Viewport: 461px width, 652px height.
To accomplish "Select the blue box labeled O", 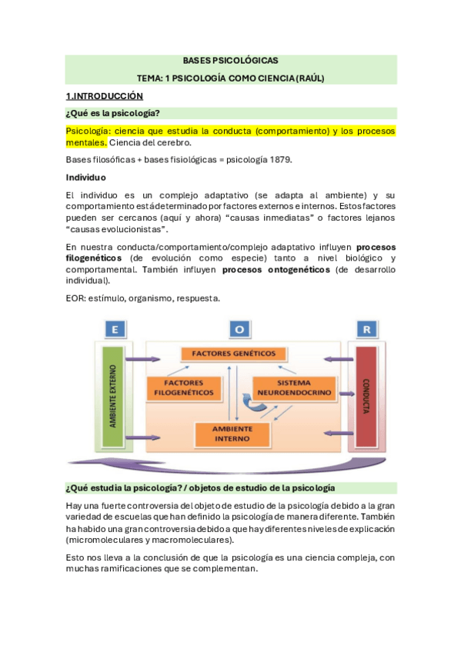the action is pos(239,329).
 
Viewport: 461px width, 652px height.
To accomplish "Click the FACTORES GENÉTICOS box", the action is pos(229,354).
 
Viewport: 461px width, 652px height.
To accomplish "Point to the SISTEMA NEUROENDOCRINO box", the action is pos(293,387).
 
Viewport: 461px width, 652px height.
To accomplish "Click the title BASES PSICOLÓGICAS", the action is pos(230,60).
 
